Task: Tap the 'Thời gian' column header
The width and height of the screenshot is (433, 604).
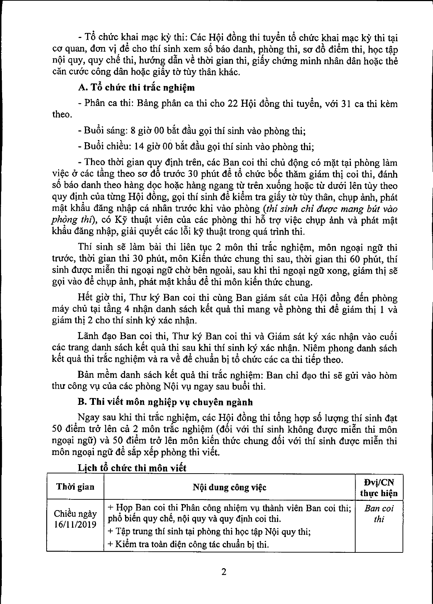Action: tap(75, 486)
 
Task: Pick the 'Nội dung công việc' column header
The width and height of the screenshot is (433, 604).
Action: tap(229, 487)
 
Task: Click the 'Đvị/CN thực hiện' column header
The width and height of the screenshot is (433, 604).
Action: tap(379, 487)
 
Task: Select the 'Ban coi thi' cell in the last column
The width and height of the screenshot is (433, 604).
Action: tap(379, 514)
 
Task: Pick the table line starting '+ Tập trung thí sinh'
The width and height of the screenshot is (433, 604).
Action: tap(209, 532)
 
